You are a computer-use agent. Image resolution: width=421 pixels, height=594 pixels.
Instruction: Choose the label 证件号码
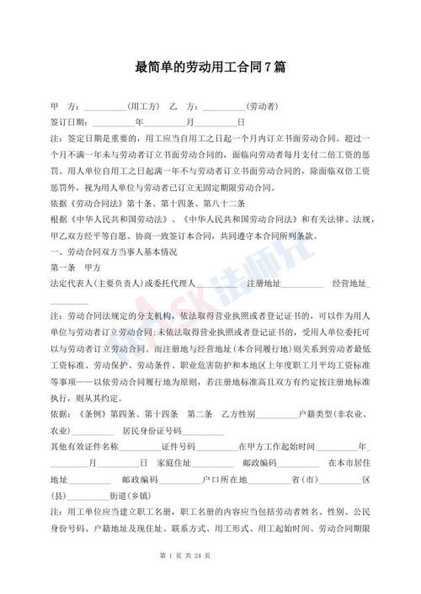pos(179,447)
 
